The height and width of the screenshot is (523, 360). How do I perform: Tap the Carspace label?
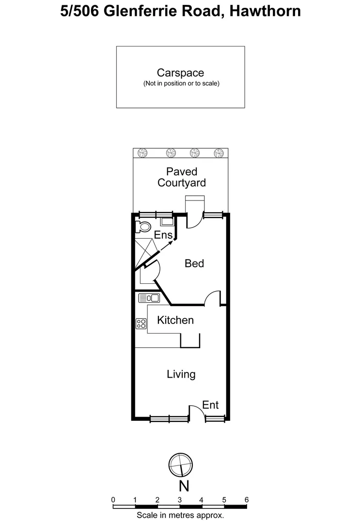pyautogui.click(x=180, y=73)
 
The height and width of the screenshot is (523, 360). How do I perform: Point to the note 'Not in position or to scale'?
pyautogui.click(x=181, y=84)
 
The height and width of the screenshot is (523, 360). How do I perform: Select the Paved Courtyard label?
pyautogui.click(x=182, y=177)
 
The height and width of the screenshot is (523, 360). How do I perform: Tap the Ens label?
pyautogui.click(x=163, y=235)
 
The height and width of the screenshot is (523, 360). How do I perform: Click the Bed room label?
pyautogui.click(x=194, y=263)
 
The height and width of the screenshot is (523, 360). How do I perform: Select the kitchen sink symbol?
pyautogui.click(x=148, y=298)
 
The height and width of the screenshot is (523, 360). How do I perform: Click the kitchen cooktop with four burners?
pyautogui.click(x=141, y=323)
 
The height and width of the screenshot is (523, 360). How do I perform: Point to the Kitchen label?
pyautogui.click(x=175, y=320)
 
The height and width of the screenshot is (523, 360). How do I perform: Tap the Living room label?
pyautogui.click(x=181, y=374)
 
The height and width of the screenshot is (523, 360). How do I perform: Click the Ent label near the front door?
pyautogui.click(x=210, y=405)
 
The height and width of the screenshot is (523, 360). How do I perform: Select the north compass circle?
pyautogui.click(x=181, y=465)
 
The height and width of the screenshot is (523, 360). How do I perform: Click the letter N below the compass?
pyautogui.click(x=183, y=485)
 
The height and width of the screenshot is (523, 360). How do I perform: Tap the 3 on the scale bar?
pyautogui.click(x=180, y=499)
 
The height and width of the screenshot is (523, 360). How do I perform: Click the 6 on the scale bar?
pyautogui.click(x=247, y=499)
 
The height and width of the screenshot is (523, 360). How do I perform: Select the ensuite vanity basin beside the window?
pyautogui.click(x=166, y=222)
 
